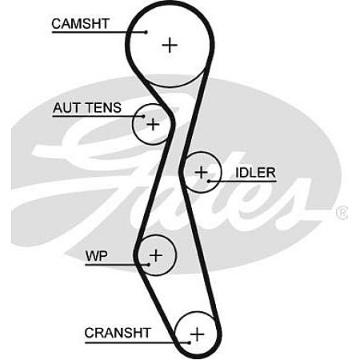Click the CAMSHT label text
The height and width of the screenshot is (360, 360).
[x=80, y=24]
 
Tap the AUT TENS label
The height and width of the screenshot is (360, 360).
[x=87, y=108]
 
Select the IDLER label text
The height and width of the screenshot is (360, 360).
[x=255, y=173]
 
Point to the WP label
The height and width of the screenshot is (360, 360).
[x=96, y=256]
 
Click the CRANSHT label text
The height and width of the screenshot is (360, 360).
[x=118, y=333]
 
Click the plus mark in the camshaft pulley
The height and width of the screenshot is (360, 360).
[x=170, y=45]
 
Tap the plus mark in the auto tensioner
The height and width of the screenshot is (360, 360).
[x=153, y=124]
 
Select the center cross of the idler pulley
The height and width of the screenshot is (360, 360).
[x=202, y=172]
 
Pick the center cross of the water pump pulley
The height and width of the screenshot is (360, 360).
[x=156, y=255]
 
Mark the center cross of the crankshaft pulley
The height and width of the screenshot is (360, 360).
[x=197, y=334]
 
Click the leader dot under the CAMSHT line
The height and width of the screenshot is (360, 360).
[x=146, y=32]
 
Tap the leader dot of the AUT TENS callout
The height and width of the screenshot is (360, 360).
[x=143, y=116]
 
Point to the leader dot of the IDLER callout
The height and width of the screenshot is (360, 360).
[x=209, y=182]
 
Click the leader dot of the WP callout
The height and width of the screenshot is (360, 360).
[x=149, y=265]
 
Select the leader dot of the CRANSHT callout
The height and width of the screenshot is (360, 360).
[x=189, y=342]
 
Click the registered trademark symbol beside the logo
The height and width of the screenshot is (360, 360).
[x=342, y=213]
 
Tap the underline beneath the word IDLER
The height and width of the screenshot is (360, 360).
[x=242, y=182]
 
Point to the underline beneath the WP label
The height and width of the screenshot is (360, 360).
[x=117, y=265]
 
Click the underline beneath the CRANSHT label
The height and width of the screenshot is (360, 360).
[x=137, y=342]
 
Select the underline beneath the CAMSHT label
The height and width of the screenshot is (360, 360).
[x=98, y=32]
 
